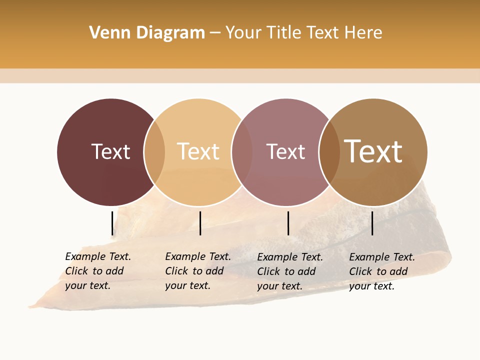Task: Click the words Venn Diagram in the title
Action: point(147,33)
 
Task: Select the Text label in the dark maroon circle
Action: point(110,151)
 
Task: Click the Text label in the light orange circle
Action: point(198,151)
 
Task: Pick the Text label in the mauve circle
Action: point(285,151)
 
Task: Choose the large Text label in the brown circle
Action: point(373,151)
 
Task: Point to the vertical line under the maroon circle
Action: point(112,223)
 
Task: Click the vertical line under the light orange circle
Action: point(200,223)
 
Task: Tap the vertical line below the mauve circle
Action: point(288,223)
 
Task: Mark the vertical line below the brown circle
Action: point(372,223)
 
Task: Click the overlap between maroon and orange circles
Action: point(154,152)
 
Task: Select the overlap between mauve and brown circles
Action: point(329,152)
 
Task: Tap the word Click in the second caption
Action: point(176,271)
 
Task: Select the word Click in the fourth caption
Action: point(360,271)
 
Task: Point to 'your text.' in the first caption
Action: point(87,285)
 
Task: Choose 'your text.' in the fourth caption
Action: point(371,286)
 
